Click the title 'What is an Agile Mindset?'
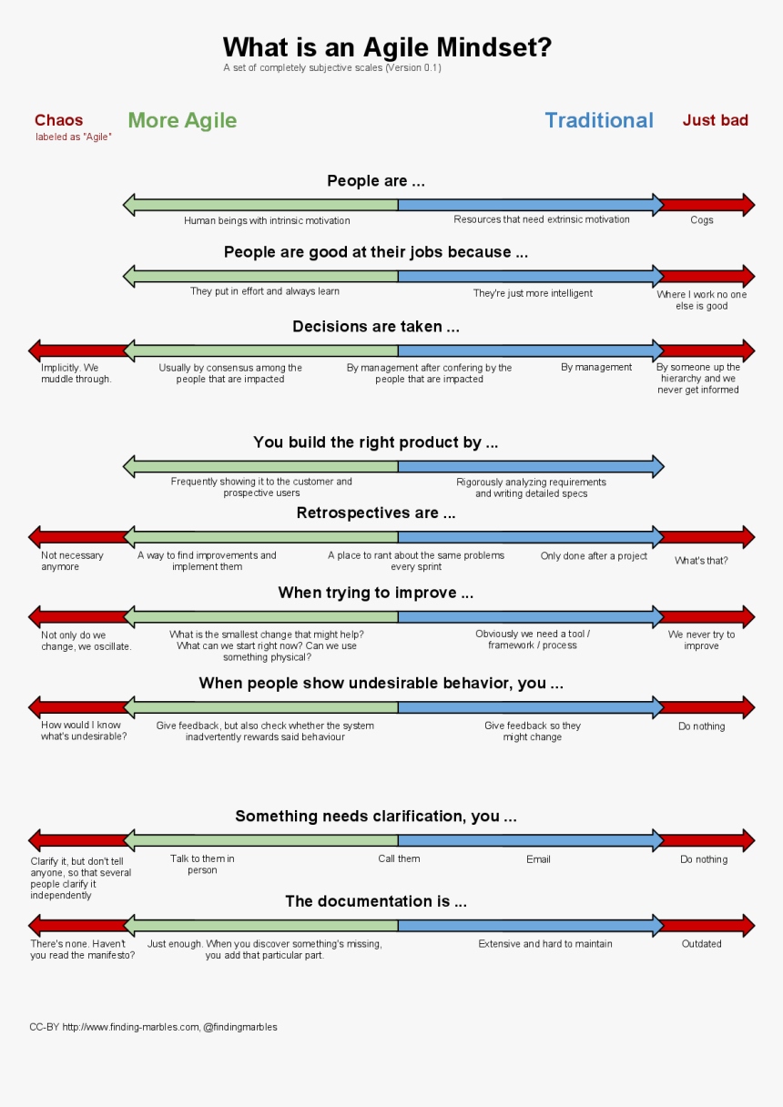coord(387,47)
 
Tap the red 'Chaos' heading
coord(58,120)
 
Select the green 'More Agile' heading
coord(182,120)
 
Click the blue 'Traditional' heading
coord(599,120)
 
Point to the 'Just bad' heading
coord(716,120)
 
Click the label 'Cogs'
coord(702,220)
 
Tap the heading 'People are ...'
coord(376,181)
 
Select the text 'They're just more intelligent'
coord(533,293)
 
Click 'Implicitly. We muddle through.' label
coord(76,373)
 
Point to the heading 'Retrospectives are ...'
coord(376,513)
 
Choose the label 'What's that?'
coord(701,561)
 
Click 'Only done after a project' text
coord(594,555)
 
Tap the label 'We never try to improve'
coord(701,640)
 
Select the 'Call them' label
coord(399,858)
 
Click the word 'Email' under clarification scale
coord(538,858)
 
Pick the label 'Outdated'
coord(702,944)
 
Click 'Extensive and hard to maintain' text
coord(545,944)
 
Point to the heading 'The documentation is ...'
coord(376,902)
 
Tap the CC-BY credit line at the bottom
coord(153,1027)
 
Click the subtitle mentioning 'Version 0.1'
coord(332,67)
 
